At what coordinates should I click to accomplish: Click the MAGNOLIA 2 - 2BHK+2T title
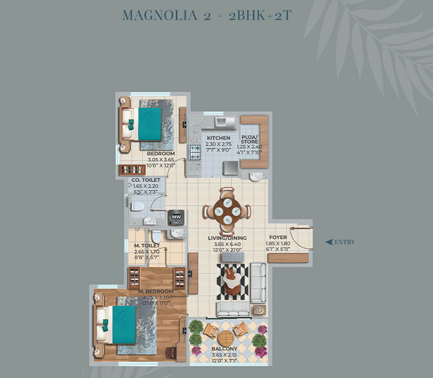207,15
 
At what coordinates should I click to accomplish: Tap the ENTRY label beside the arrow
345,242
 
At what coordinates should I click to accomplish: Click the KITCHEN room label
219,138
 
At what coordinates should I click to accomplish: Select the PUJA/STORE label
250,140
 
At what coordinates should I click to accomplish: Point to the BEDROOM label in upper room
161,154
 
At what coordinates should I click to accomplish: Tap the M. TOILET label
147,246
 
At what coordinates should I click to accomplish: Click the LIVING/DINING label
227,238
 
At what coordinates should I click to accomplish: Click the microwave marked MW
176,217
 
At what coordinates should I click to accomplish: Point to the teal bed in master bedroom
123,325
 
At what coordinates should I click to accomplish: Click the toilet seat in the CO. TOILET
137,206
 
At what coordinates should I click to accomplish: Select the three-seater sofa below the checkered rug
233,308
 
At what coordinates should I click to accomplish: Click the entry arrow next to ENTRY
329,242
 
